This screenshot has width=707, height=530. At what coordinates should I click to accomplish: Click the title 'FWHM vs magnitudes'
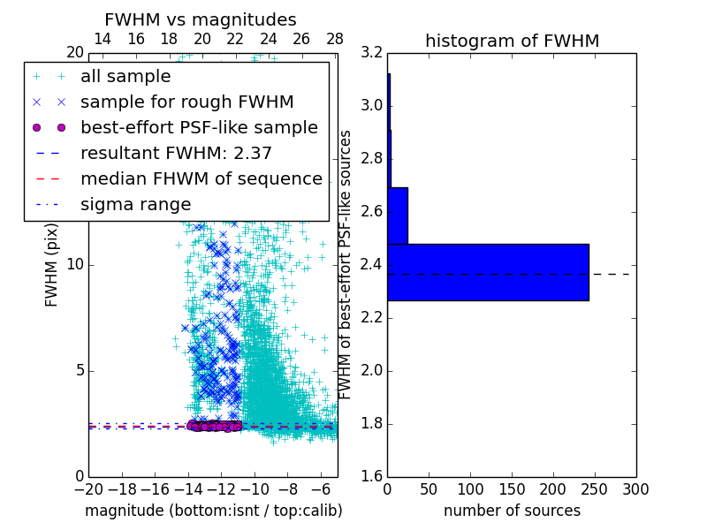tap(201, 19)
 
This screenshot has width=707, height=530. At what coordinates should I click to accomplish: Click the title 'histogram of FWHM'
tap(512, 41)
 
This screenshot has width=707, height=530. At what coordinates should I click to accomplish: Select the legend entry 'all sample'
tap(125, 77)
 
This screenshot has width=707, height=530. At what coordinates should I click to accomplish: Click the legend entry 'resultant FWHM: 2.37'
tap(176, 153)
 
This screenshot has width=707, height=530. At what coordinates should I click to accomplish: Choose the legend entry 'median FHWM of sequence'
tap(201, 178)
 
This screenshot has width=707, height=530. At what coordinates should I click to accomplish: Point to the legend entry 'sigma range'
tap(135, 204)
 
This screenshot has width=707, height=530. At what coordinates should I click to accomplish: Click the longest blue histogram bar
tap(488, 272)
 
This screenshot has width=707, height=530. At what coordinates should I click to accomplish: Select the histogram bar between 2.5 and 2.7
tap(398, 216)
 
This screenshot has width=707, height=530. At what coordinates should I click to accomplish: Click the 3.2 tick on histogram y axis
tap(372, 53)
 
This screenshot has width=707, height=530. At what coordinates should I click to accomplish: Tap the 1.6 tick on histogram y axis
tap(372, 477)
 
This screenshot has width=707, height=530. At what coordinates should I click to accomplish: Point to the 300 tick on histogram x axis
tap(635, 488)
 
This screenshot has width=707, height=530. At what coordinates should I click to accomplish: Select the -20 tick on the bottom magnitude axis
tap(88, 488)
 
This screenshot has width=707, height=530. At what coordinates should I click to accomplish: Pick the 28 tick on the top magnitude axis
tap(334, 39)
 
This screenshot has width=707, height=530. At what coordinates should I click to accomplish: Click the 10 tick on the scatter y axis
tap(76, 265)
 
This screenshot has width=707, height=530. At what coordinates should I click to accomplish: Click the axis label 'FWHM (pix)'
tap(52, 265)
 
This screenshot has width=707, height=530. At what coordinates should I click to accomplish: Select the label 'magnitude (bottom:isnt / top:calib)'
tap(213, 511)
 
